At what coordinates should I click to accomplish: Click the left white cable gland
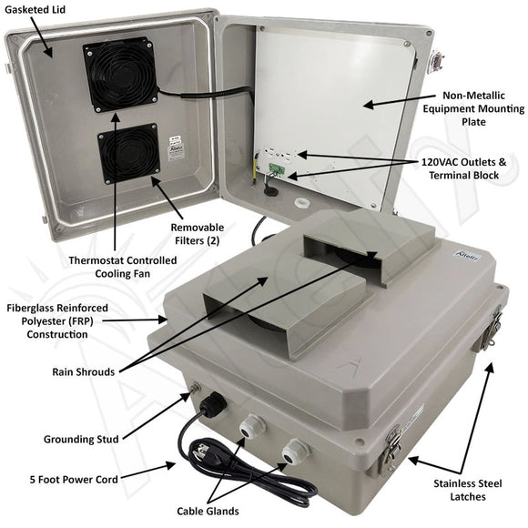(x=249, y=425)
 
